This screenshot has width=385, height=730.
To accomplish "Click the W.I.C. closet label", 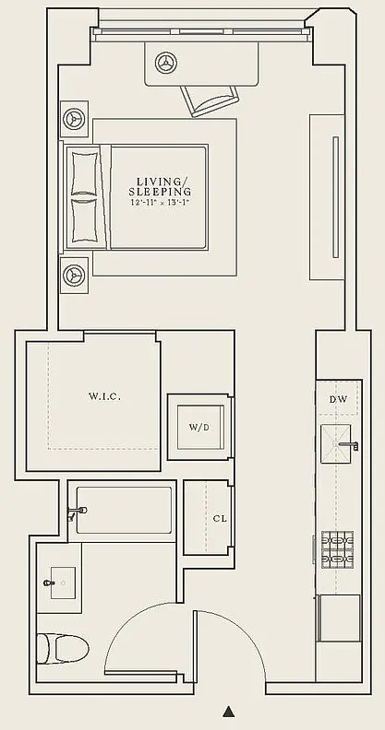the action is pos(105,397).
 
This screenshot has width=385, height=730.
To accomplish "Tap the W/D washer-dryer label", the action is pos(199,428).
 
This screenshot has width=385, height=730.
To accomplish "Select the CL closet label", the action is pos(220,518).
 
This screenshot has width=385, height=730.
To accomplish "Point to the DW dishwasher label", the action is pos(339,399).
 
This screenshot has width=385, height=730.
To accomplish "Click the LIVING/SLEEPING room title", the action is pos(160,186).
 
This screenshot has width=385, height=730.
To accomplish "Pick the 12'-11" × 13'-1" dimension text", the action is pos(160,203).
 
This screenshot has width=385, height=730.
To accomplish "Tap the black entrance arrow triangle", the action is pos(228,711).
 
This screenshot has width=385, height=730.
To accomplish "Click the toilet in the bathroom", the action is pos(63,649).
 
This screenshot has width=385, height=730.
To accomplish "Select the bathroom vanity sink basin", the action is pos(63,583).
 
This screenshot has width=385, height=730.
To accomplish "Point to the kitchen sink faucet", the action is pos(349,445).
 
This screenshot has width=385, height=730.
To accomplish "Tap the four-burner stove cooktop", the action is pos(337,550).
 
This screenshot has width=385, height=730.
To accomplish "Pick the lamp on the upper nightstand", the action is pos(74,119).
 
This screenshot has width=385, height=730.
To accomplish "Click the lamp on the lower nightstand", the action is pos(74,275).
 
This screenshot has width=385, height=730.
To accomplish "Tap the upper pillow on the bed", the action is pos(85,172).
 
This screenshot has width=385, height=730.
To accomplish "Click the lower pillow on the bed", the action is pos(85,220).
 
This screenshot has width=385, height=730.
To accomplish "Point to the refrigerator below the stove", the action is pos(340,618).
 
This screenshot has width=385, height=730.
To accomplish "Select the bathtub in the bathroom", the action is pos(124,511).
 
